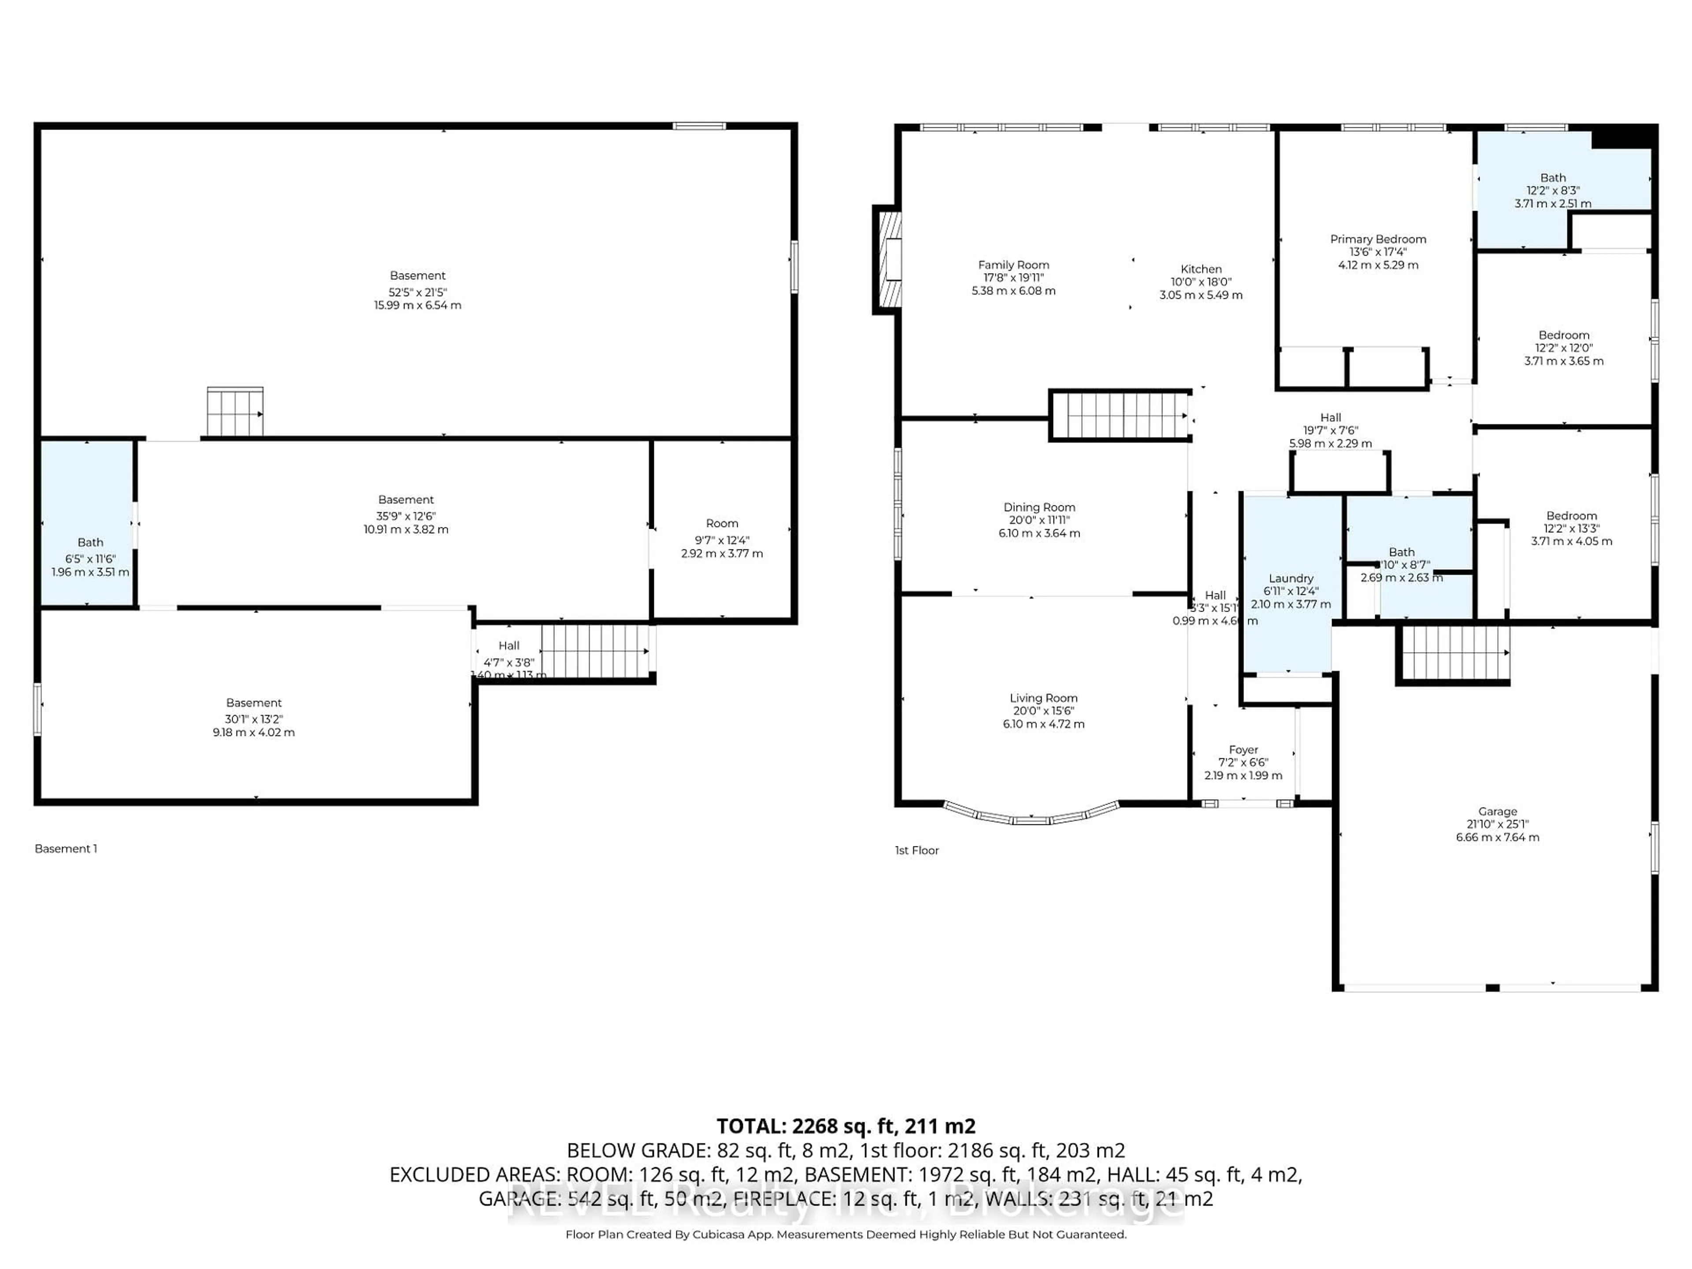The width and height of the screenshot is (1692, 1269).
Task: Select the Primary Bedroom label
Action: (1378, 239)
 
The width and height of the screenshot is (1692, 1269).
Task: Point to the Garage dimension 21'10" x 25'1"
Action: (1497, 824)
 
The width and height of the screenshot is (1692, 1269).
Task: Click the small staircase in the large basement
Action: (235, 412)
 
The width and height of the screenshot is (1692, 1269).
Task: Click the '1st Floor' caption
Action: (916, 850)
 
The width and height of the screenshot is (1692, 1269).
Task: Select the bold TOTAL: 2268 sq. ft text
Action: (845, 1126)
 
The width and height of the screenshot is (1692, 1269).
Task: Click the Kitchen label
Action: (1201, 269)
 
